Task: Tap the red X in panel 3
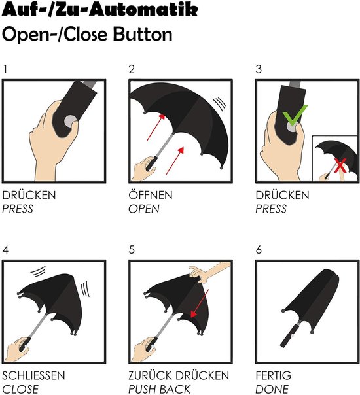[x=340, y=165]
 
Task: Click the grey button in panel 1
[x=70, y=122]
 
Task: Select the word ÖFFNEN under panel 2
[x=151, y=195]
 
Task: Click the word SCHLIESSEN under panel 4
[x=33, y=375]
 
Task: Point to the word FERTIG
[x=274, y=375]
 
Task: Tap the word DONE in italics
[x=272, y=389]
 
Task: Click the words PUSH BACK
[x=159, y=389]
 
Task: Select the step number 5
[x=132, y=250]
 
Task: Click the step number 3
[x=259, y=69]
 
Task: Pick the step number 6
[x=259, y=250]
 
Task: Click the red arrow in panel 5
[x=200, y=303]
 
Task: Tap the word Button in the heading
[x=143, y=35]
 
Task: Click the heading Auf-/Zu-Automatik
[x=100, y=10]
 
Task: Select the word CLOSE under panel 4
[x=20, y=389]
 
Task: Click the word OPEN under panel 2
[x=144, y=209]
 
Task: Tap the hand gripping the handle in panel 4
[x=17, y=350]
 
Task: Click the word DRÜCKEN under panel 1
[x=29, y=195]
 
